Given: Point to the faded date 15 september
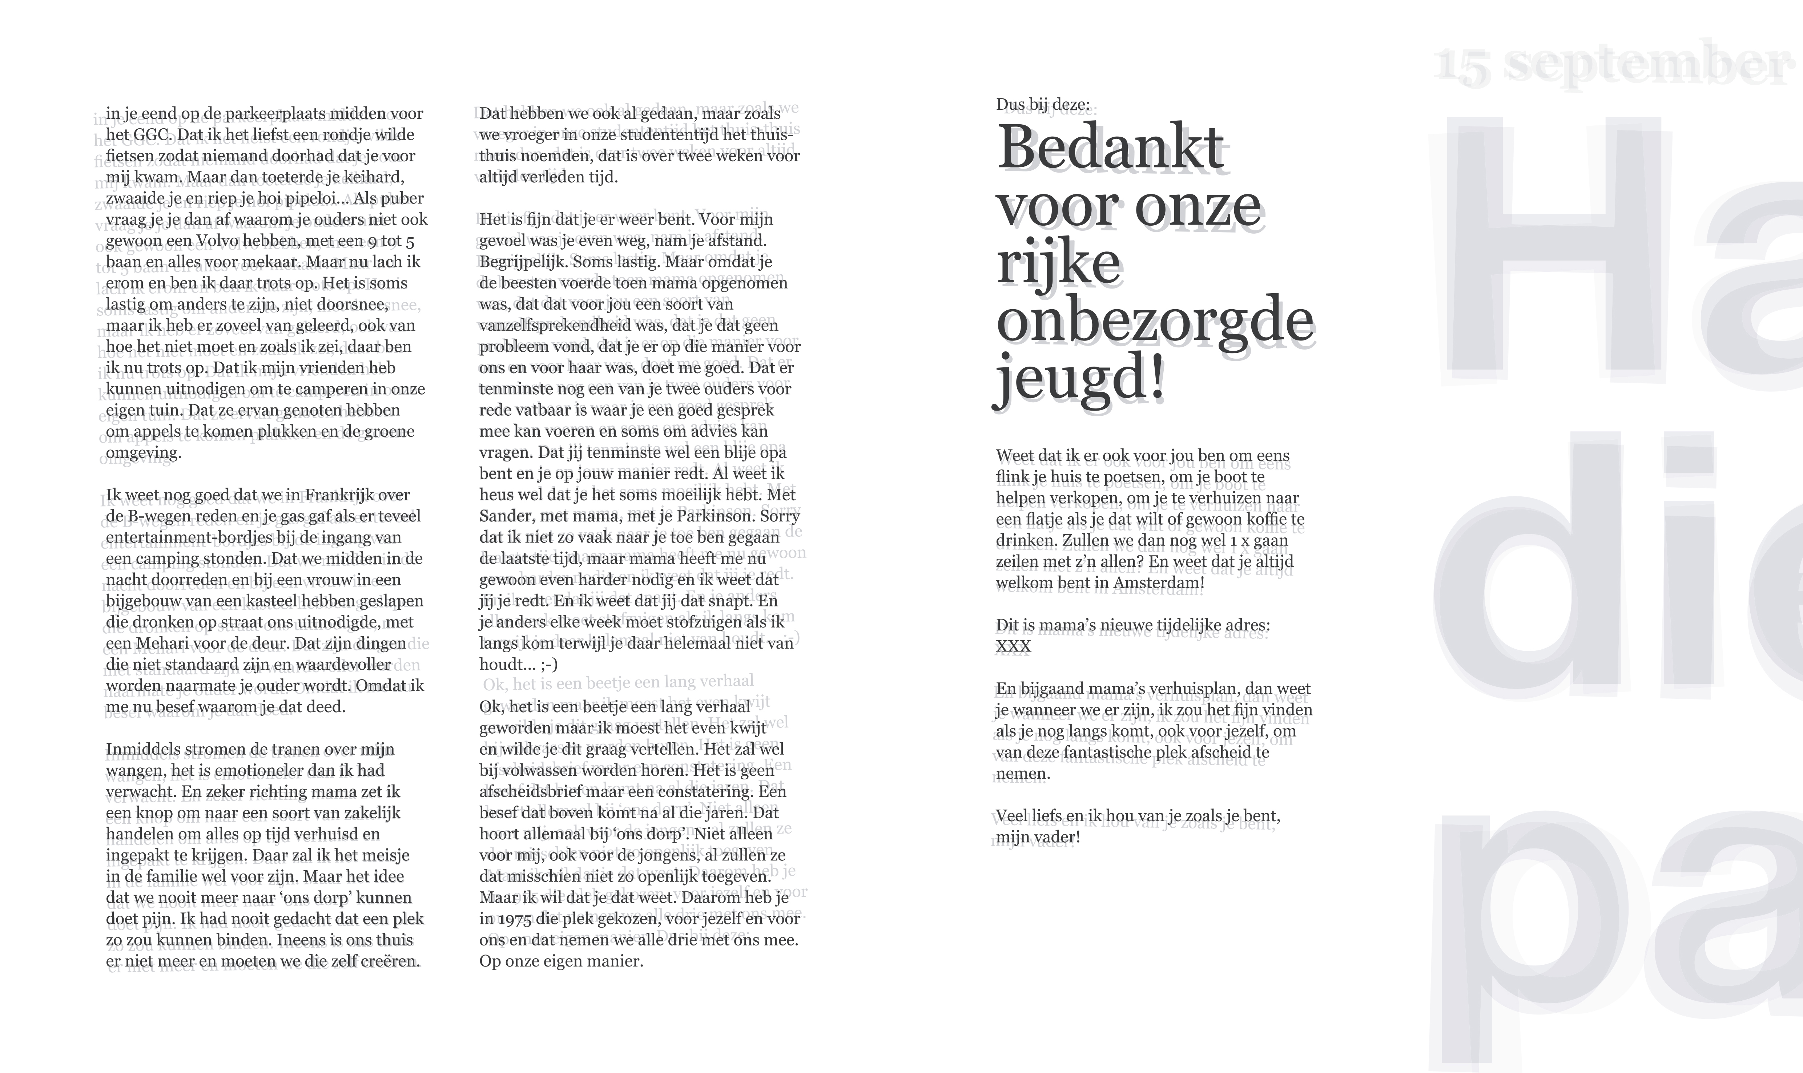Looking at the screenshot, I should click(x=1613, y=64).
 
